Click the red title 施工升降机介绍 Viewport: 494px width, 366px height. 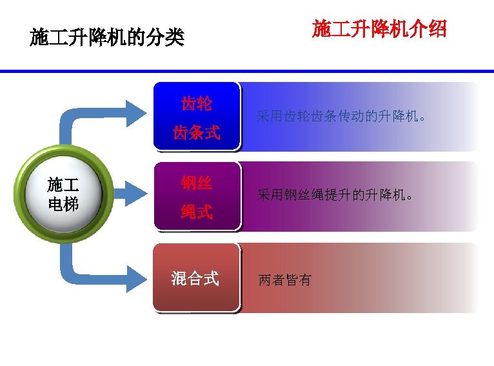379,29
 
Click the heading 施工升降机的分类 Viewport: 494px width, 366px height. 107,38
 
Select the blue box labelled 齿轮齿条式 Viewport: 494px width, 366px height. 197,116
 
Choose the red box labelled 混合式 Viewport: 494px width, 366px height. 195,278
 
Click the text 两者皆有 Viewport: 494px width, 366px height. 284,280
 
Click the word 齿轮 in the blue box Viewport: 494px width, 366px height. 197,103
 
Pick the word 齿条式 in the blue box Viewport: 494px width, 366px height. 197,133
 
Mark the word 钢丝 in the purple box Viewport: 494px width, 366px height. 197,183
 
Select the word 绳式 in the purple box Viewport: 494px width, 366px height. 197,212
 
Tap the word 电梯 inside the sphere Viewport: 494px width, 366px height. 63,205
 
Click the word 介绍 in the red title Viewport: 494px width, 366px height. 429,29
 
